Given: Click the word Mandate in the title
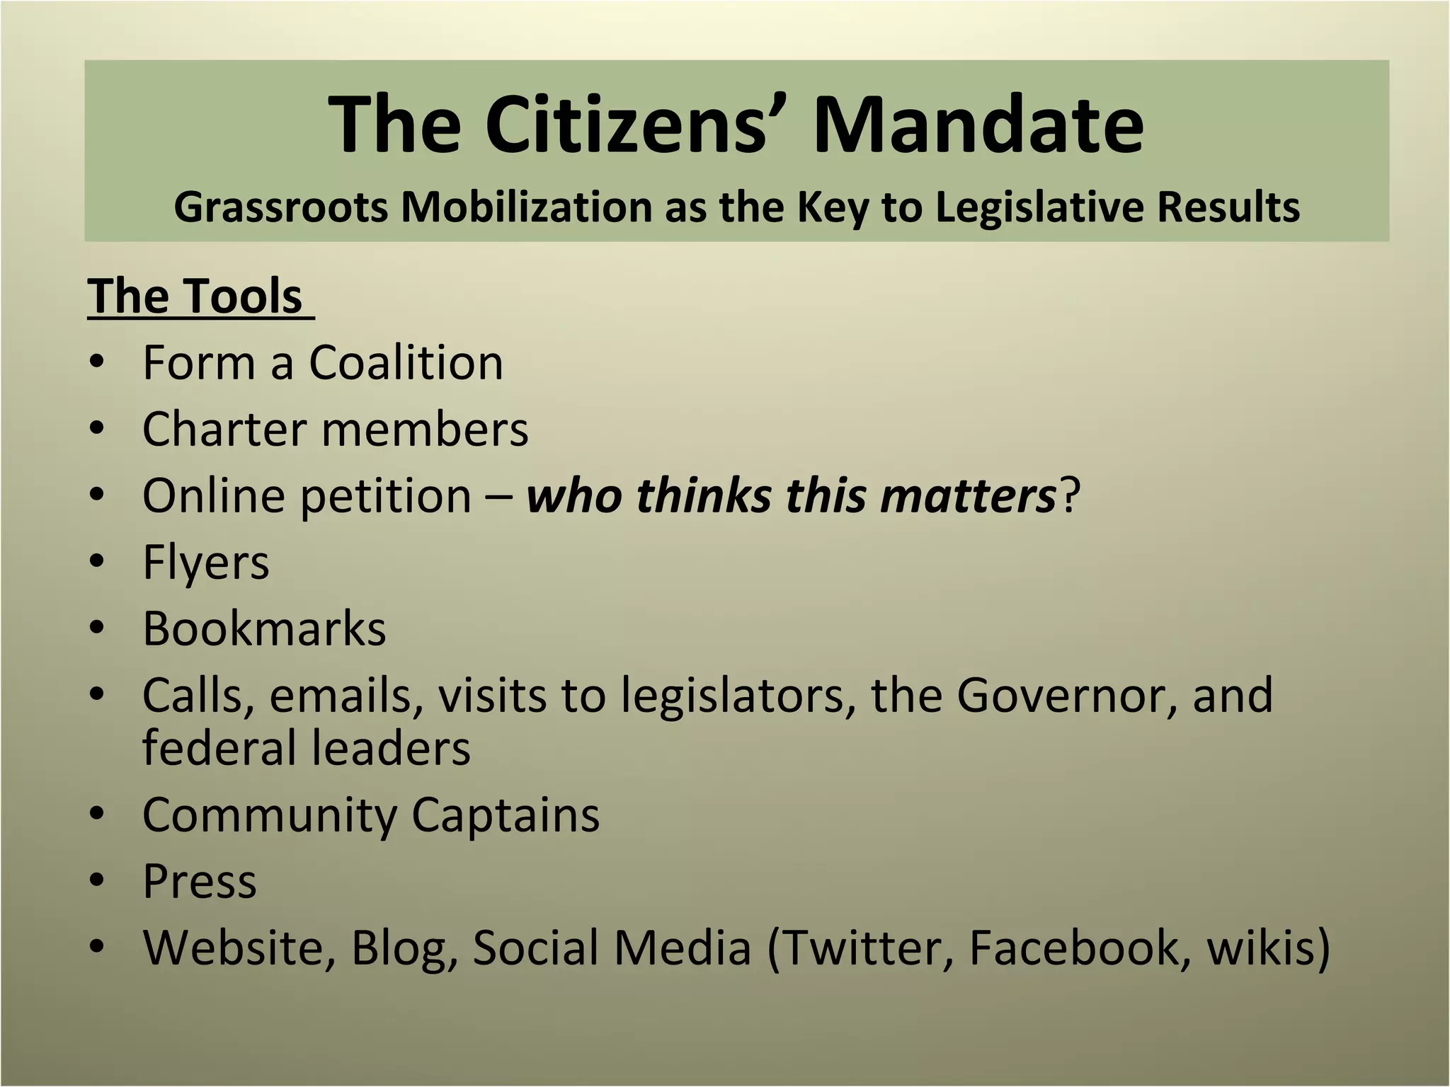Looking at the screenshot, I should tap(978, 125).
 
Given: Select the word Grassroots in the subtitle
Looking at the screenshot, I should tap(281, 207).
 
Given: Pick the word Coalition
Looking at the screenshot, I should tap(406, 362).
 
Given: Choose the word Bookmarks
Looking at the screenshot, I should tap(264, 628).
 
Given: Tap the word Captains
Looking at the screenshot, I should tap(505, 815).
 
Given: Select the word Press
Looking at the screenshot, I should tap(200, 882).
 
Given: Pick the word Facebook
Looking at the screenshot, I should tap(1073, 947).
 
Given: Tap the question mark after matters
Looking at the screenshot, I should tap(1069, 495).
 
